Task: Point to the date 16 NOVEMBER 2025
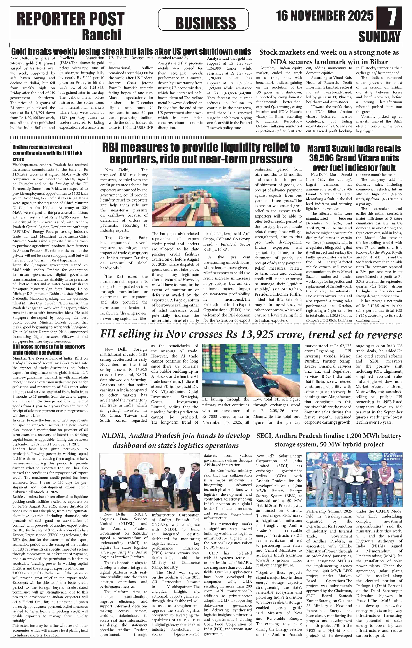(x=325, y=16)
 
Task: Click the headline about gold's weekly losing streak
(x=131, y=51)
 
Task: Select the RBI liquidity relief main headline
(x=201, y=153)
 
